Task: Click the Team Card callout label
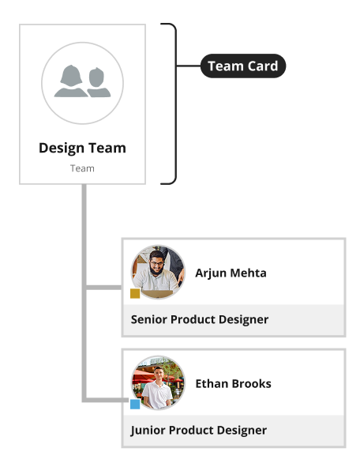[243, 66]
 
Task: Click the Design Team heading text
[82, 148]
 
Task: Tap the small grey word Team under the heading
[82, 168]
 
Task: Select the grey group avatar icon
[82, 83]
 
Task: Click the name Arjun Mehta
[231, 273]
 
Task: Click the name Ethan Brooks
[233, 383]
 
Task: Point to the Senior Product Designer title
[200, 319]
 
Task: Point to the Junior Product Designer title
[199, 431]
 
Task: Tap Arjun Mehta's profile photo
[158, 272]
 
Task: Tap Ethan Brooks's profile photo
[158, 382]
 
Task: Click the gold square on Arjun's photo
[135, 293]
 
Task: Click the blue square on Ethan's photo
[135, 404]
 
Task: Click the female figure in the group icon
[71, 81]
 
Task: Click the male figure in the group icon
[98, 83]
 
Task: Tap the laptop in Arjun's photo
[157, 294]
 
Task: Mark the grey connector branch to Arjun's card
[104, 288]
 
